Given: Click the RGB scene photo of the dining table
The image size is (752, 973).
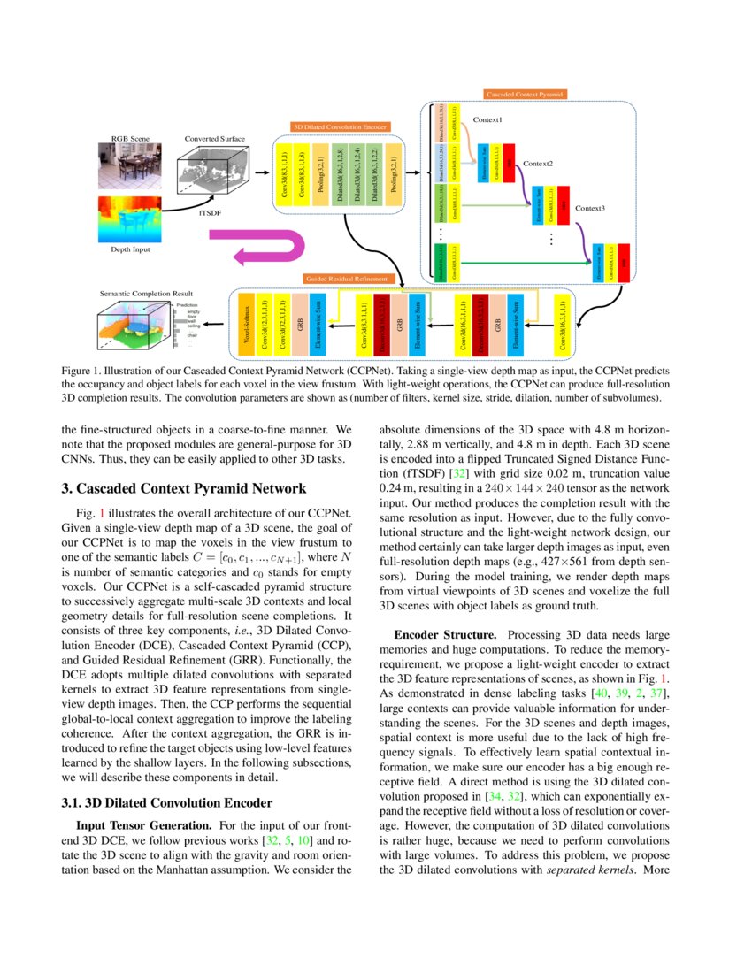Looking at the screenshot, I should tap(130, 168).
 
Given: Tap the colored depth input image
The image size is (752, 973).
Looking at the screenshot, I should tap(130, 218).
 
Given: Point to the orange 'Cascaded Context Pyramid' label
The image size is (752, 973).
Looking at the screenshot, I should tap(525, 93).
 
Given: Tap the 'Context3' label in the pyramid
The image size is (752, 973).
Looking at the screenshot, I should tap(590, 208).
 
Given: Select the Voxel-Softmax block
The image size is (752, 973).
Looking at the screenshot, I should tap(247, 324).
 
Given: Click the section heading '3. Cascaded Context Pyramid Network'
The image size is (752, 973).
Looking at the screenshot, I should tap(183, 488).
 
